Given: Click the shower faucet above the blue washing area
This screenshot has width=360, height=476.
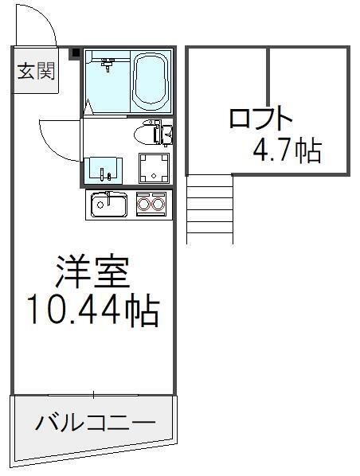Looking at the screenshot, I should coord(110,60).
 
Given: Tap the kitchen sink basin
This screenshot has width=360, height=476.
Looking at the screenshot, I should coord(108,205).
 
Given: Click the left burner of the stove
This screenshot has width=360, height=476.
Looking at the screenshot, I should coord(145,205).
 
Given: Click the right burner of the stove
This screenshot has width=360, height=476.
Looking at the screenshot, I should coord(158,205).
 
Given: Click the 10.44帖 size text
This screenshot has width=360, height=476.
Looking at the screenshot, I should coord(92,310).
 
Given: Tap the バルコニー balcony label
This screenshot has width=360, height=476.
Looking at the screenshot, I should coord(94,423).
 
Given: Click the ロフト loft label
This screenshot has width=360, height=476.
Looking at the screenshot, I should coord(260,119).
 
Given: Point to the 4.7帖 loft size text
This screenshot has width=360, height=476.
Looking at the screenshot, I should coord(288,150).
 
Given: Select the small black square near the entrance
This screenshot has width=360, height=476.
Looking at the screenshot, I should coord(76,53).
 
